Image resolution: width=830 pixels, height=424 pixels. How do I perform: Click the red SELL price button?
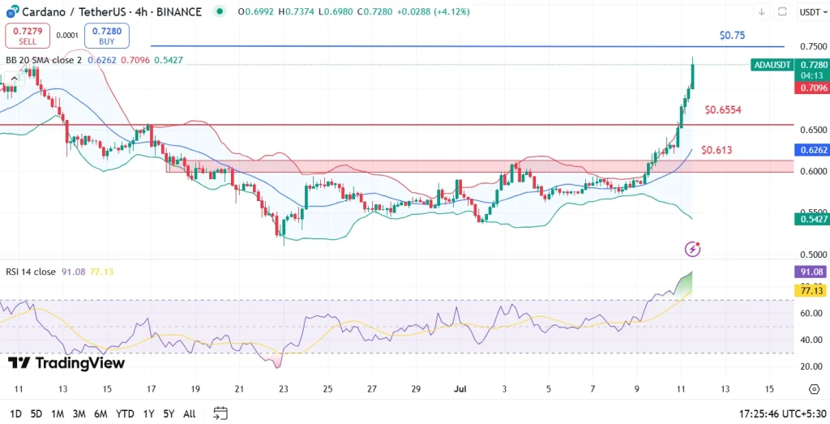[28, 36]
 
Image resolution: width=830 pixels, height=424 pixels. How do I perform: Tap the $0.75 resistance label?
[732, 36]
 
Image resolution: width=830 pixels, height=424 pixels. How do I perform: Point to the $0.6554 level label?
[723, 109]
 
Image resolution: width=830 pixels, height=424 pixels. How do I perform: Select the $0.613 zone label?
[717, 150]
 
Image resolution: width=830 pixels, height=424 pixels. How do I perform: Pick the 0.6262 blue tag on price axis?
[812, 150]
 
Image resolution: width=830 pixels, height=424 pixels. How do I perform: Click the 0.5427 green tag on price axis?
[812, 219]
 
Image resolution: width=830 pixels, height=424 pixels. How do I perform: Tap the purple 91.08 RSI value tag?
[812, 273]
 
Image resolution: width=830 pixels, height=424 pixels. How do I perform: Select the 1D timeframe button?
[15, 413]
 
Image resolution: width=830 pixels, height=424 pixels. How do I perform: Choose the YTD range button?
[125, 413]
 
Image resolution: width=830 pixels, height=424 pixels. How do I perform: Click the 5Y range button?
[168, 413]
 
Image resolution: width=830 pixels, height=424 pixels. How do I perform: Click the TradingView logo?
[66, 363]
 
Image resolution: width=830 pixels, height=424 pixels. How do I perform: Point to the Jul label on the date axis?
[459, 389]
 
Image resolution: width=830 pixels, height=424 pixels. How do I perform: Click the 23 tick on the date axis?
[283, 389]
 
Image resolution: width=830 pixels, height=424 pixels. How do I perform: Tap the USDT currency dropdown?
[811, 12]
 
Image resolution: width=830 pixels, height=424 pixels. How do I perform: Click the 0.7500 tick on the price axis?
[812, 47]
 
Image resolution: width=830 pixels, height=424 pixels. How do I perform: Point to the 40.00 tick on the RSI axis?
[811, 340]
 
